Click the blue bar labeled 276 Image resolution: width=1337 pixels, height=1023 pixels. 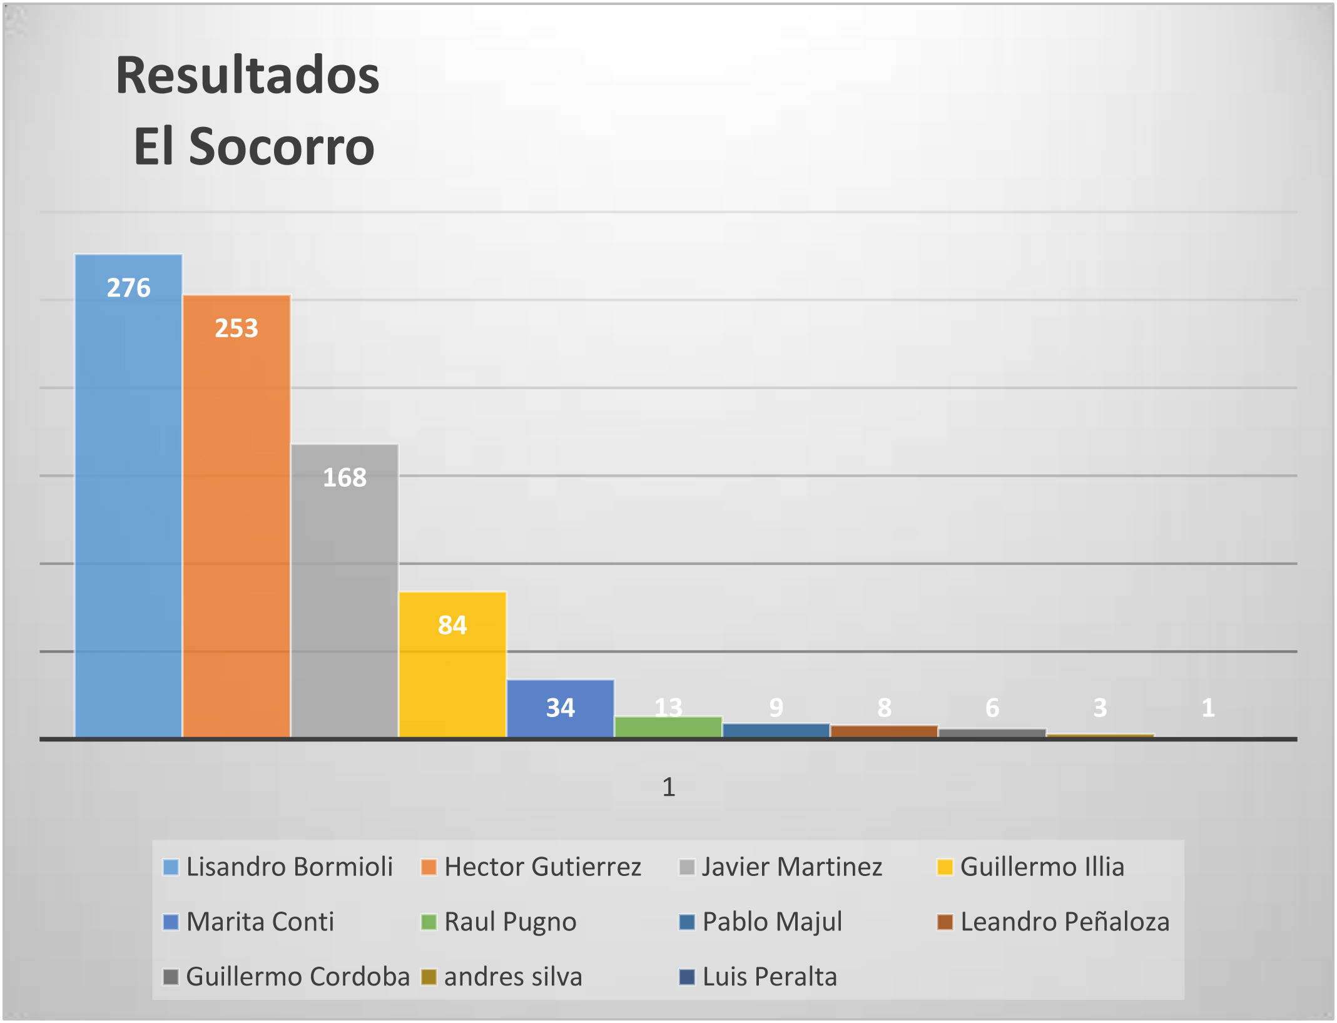[x=128, y=501]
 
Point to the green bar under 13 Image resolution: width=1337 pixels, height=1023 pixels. [x=668, y=727]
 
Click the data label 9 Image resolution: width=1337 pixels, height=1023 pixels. [x=776, y=708]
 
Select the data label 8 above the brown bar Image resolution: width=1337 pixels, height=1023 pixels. [x=884, y=708]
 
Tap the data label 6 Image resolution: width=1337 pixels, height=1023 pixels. [x=992, y=708]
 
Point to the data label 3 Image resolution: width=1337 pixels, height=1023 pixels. [x=1100, y=708]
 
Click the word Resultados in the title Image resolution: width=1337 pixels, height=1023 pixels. [x=248, y=75]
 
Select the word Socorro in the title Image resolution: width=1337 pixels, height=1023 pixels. [x=282, y=146]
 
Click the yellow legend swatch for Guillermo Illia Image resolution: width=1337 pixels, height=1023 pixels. [x=944, y=867]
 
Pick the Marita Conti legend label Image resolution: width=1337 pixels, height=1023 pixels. [x=260, y=922]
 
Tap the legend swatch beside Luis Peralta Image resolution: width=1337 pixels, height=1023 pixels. [x=687, y=977]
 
